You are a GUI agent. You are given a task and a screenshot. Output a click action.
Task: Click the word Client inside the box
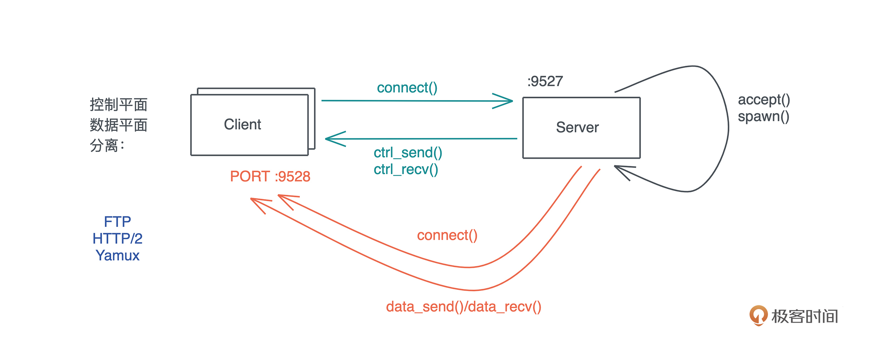(243, 124)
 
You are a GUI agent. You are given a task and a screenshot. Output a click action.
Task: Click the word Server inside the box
(577, 127)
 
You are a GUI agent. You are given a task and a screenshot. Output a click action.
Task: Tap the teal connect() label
(407, 88)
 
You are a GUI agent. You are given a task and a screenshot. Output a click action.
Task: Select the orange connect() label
(447, 235)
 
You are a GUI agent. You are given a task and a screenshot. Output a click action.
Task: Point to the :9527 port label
(545, 82)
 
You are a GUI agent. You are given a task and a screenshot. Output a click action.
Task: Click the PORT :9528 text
(270, 177)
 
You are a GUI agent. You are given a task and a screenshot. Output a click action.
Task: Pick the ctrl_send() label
(408, 153)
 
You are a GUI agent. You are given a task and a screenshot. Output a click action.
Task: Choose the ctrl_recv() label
(406, 169)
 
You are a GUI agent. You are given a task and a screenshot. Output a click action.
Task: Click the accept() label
(764, 100)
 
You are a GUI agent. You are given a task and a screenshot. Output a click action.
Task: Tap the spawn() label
(763, 117)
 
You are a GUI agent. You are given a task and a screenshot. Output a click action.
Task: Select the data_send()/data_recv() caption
(464, 307)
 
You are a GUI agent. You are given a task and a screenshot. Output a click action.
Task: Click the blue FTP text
(117, 222)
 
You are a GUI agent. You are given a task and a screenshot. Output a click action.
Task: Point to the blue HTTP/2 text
(117, 238)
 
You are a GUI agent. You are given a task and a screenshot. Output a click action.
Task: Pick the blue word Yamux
(117, 255)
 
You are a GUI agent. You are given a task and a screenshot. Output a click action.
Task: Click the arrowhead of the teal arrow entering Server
(508, 101)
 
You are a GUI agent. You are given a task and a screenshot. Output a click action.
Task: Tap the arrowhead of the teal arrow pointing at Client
(331, 139)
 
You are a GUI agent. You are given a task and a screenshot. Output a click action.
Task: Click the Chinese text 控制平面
(118, 105)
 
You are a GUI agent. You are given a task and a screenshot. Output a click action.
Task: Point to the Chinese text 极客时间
(805, 316)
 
